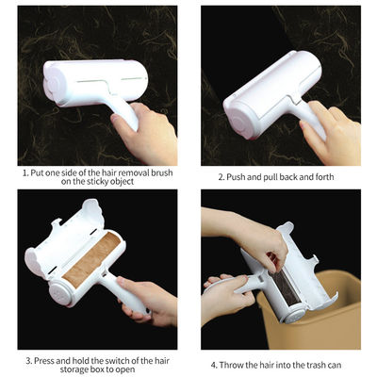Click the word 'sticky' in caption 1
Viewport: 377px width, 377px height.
[x=97, y=181]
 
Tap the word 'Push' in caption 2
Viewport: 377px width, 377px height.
[x=236, y=177]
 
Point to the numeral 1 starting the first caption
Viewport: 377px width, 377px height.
[x=25, y=172]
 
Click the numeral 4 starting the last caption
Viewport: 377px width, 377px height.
[x=214, y=365]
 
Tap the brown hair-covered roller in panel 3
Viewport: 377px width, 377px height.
[x=91, y=259]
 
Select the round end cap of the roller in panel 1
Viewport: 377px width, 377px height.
[x=54, y=84]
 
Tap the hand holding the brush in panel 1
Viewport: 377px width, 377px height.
[x=145, y=132]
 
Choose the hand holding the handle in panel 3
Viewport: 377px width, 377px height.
[x=148, y=300]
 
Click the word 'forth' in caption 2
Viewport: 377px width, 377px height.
[x=324, y=177]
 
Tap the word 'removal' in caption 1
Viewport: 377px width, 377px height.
[x=130, y=172]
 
